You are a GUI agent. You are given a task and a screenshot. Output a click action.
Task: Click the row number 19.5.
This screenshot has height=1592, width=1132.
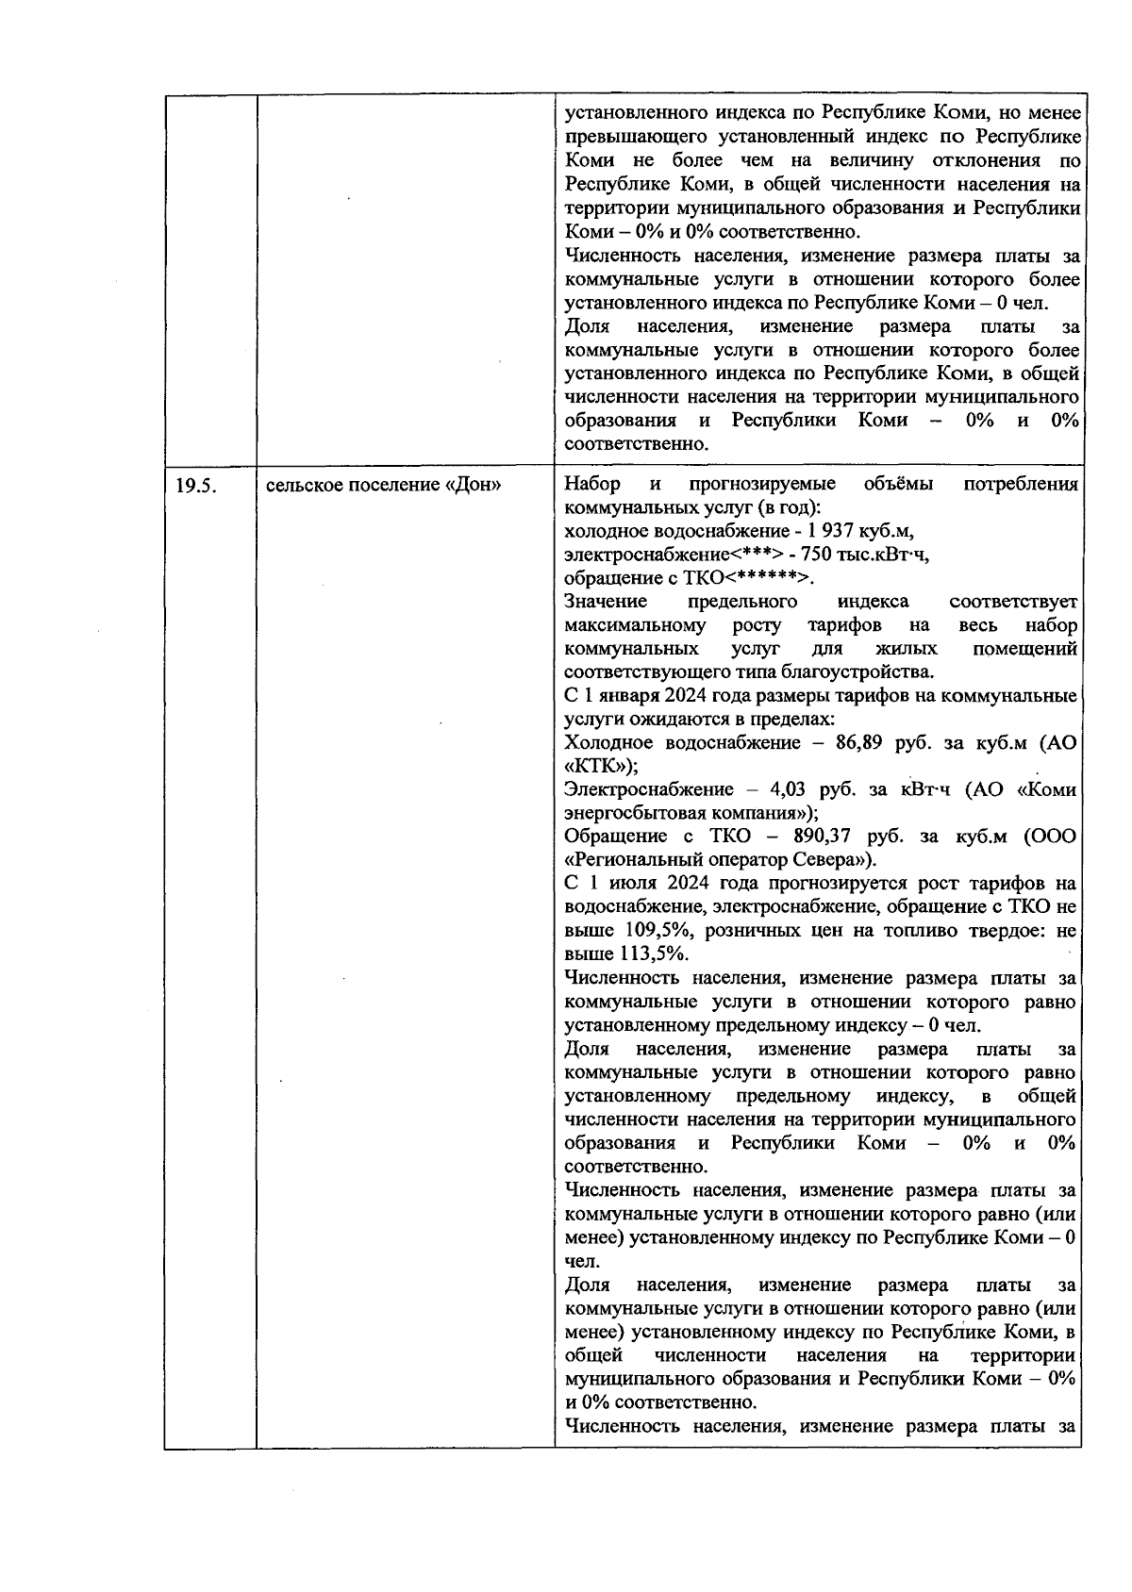point(196,486)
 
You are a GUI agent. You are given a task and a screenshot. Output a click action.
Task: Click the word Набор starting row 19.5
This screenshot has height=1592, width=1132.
point(591,485)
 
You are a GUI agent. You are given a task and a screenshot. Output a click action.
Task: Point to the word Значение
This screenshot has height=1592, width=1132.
point(605,602)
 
